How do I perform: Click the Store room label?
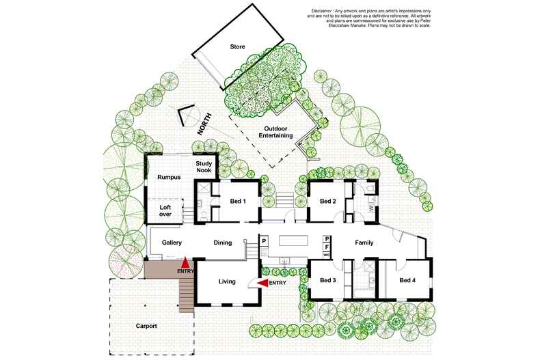[x=237, y=46]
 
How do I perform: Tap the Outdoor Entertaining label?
[x=275, y=132]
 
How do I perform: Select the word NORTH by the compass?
[x=204, y=124]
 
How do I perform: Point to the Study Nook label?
[x=204, y=167]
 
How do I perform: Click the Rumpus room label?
[x=169, y=177]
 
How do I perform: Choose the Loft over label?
[x=165, y=210]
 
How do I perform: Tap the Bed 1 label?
[x=238, y=201]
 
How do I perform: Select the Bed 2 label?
[x=328, y=201]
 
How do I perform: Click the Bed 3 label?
[x=328, y=280]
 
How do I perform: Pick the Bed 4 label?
[x=407, y=280]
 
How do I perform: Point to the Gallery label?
[x=172, y=243]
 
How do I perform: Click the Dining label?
[x=222, y=243]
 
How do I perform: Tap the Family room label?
[x=364, y=243]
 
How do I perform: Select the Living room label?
[x=227, y=281]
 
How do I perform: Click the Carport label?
[x=146, y=326]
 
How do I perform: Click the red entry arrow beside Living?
[x=263, y=283]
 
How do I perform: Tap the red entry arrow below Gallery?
[x=185, y=262]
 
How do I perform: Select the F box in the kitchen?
[x=327, y=247]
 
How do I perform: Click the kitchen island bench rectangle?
[x=293, y=240]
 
